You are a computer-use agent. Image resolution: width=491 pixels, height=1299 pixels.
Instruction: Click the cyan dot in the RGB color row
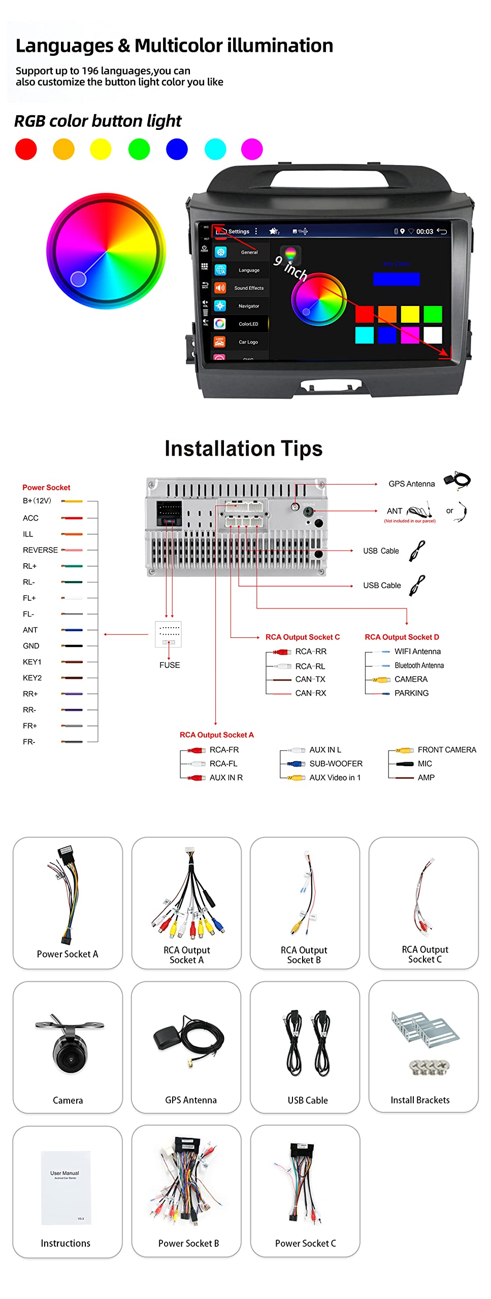[x=215, y=149]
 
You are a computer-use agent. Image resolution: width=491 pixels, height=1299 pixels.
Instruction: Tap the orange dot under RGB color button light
[x=63, y=149]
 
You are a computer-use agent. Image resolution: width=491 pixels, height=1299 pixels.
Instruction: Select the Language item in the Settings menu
[x=249, y=270]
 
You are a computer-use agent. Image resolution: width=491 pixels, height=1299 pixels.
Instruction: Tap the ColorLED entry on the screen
[x=248, y=324]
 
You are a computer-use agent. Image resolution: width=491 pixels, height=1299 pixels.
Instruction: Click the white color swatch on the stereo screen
[x=433, y=335]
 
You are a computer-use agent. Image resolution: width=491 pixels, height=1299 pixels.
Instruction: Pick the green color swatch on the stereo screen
[x=433, y=314]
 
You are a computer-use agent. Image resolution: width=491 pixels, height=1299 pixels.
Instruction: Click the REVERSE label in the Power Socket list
[x=40, y=550]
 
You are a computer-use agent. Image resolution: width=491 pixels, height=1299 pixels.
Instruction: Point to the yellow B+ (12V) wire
[x=72, y=501]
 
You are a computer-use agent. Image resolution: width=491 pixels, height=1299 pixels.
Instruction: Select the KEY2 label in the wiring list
[x=32, y=678]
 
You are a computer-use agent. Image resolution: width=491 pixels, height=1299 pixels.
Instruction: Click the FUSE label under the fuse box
[x=170, y=665]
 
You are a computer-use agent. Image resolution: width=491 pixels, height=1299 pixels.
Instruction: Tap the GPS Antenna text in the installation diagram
[x=411, y=484]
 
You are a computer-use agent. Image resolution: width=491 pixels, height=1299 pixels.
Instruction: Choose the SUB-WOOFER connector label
[x=336, y=764]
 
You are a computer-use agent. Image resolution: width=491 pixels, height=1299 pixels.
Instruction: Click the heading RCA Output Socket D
[x=402, y=637]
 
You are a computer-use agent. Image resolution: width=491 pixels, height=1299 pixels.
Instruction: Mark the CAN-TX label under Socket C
[x=310, y=679]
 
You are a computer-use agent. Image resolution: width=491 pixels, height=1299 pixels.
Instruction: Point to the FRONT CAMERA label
[x=447, y=750]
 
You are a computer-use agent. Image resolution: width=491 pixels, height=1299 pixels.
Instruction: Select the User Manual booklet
[x=66, y=1187]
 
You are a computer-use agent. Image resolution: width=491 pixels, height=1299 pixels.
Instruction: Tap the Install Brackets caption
[x=420, y=1100]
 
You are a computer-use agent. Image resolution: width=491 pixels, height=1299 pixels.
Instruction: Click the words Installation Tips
[x=244, y=449]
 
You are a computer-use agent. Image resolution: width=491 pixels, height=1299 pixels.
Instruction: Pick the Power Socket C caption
[x=305, y=1243]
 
